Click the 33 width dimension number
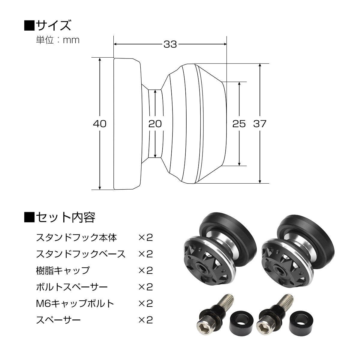click(x=170, y=44)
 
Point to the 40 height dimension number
click(x=100, y=123)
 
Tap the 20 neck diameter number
click(x=155, y=123)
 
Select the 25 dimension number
click(x=239, y=123)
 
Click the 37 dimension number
click(x=260, y=123)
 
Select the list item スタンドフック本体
click(x=76, y=238)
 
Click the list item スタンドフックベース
click(x=80, y=254)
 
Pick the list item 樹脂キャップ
click(x=62, y=270)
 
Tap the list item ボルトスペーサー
click(x=71, y=287)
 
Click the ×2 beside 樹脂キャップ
click(x=145, y=270)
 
